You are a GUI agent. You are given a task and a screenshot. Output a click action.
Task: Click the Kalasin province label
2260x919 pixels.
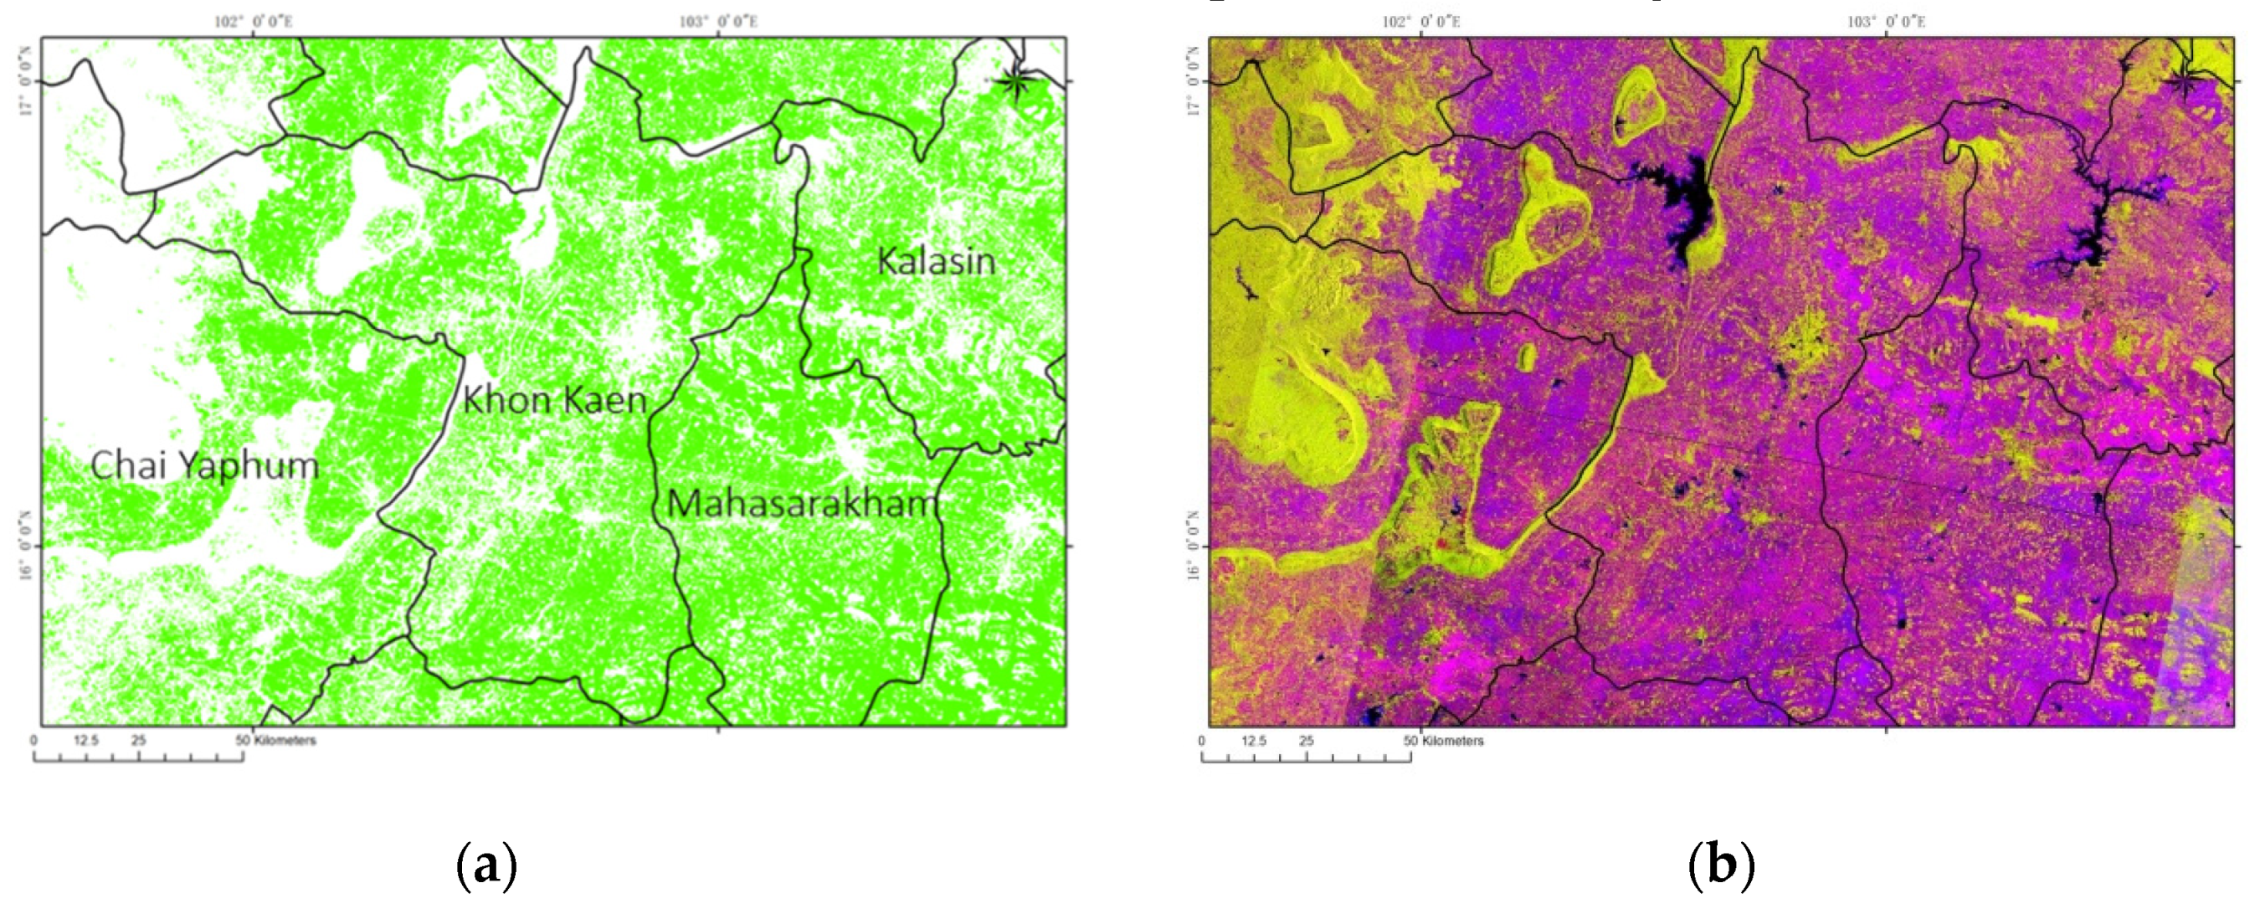[936, 261]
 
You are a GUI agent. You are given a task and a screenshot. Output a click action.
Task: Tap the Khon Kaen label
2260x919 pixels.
[554, 401]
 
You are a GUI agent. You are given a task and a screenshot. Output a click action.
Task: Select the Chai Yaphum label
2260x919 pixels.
[204, 465]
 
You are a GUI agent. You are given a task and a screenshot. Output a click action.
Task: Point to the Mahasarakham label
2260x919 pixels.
[803, 504]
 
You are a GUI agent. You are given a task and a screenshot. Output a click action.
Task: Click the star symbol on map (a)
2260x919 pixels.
[1016, 81]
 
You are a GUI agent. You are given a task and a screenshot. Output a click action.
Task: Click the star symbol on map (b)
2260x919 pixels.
[2184, 81]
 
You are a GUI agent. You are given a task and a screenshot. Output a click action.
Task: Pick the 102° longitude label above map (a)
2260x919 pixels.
[254, 21]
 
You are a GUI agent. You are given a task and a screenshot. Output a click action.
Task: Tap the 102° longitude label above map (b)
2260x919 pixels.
[1421, 21]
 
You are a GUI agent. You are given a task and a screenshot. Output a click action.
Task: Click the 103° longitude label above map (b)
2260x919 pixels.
[1885, 21]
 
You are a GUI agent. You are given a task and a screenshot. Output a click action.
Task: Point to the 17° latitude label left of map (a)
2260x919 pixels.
[26, 81]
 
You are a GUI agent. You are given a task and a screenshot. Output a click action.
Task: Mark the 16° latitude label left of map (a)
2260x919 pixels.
[26, 546]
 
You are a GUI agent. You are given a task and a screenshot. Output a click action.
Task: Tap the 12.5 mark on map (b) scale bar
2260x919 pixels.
[1254, 741]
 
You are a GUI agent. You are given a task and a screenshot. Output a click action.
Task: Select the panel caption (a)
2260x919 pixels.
[487, 865]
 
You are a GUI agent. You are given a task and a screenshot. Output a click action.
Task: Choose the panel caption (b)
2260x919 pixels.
[1721, 865]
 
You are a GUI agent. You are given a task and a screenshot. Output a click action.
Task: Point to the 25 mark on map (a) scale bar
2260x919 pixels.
[139, 740]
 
